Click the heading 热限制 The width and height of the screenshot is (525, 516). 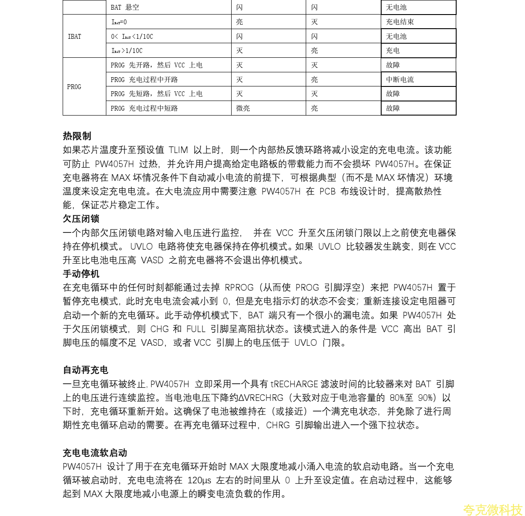pos(77,136)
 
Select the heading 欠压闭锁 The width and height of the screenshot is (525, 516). pos(81,219)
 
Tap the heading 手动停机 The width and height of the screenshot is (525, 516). pos(81,274)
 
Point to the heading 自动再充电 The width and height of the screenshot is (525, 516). pos(86,370)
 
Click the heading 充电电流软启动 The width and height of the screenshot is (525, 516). pos(95,453)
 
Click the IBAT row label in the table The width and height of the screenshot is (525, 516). pos(75,37)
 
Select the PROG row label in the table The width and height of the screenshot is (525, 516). pos(74,87)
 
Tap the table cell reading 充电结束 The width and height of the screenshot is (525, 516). pos(400,22)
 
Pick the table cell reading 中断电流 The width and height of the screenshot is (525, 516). pos(400,80)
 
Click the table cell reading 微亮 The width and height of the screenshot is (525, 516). pos(243,108)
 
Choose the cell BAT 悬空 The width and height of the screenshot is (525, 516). pos(125,7)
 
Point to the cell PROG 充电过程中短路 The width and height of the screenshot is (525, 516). pos(144,108)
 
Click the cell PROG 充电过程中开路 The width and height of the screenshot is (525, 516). pos(144,80)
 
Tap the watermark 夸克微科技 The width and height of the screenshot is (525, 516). pos(492,510)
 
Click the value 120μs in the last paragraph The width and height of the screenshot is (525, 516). pos(199,480)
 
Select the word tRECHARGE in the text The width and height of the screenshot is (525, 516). pos(294,384)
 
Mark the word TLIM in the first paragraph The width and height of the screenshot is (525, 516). pos(178,150)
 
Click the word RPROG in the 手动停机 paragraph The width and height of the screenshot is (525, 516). pos(239,288)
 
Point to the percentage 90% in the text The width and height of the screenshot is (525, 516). pos(425,398)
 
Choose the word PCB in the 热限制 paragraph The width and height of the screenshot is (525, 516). pos(327,191)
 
